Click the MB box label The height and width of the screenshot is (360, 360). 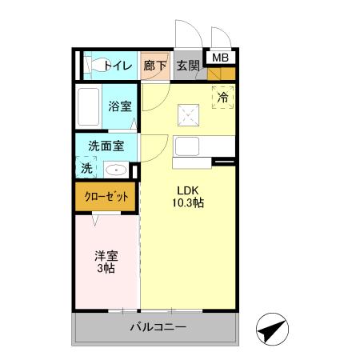(218, 58)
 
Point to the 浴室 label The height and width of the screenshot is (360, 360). (121, 106)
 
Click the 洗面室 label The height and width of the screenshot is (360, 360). (106, 146)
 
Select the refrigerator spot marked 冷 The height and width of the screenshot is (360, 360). (223, 97)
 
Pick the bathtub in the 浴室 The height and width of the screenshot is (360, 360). (89, 105)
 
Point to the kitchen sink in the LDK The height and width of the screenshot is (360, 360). (190, 148)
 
